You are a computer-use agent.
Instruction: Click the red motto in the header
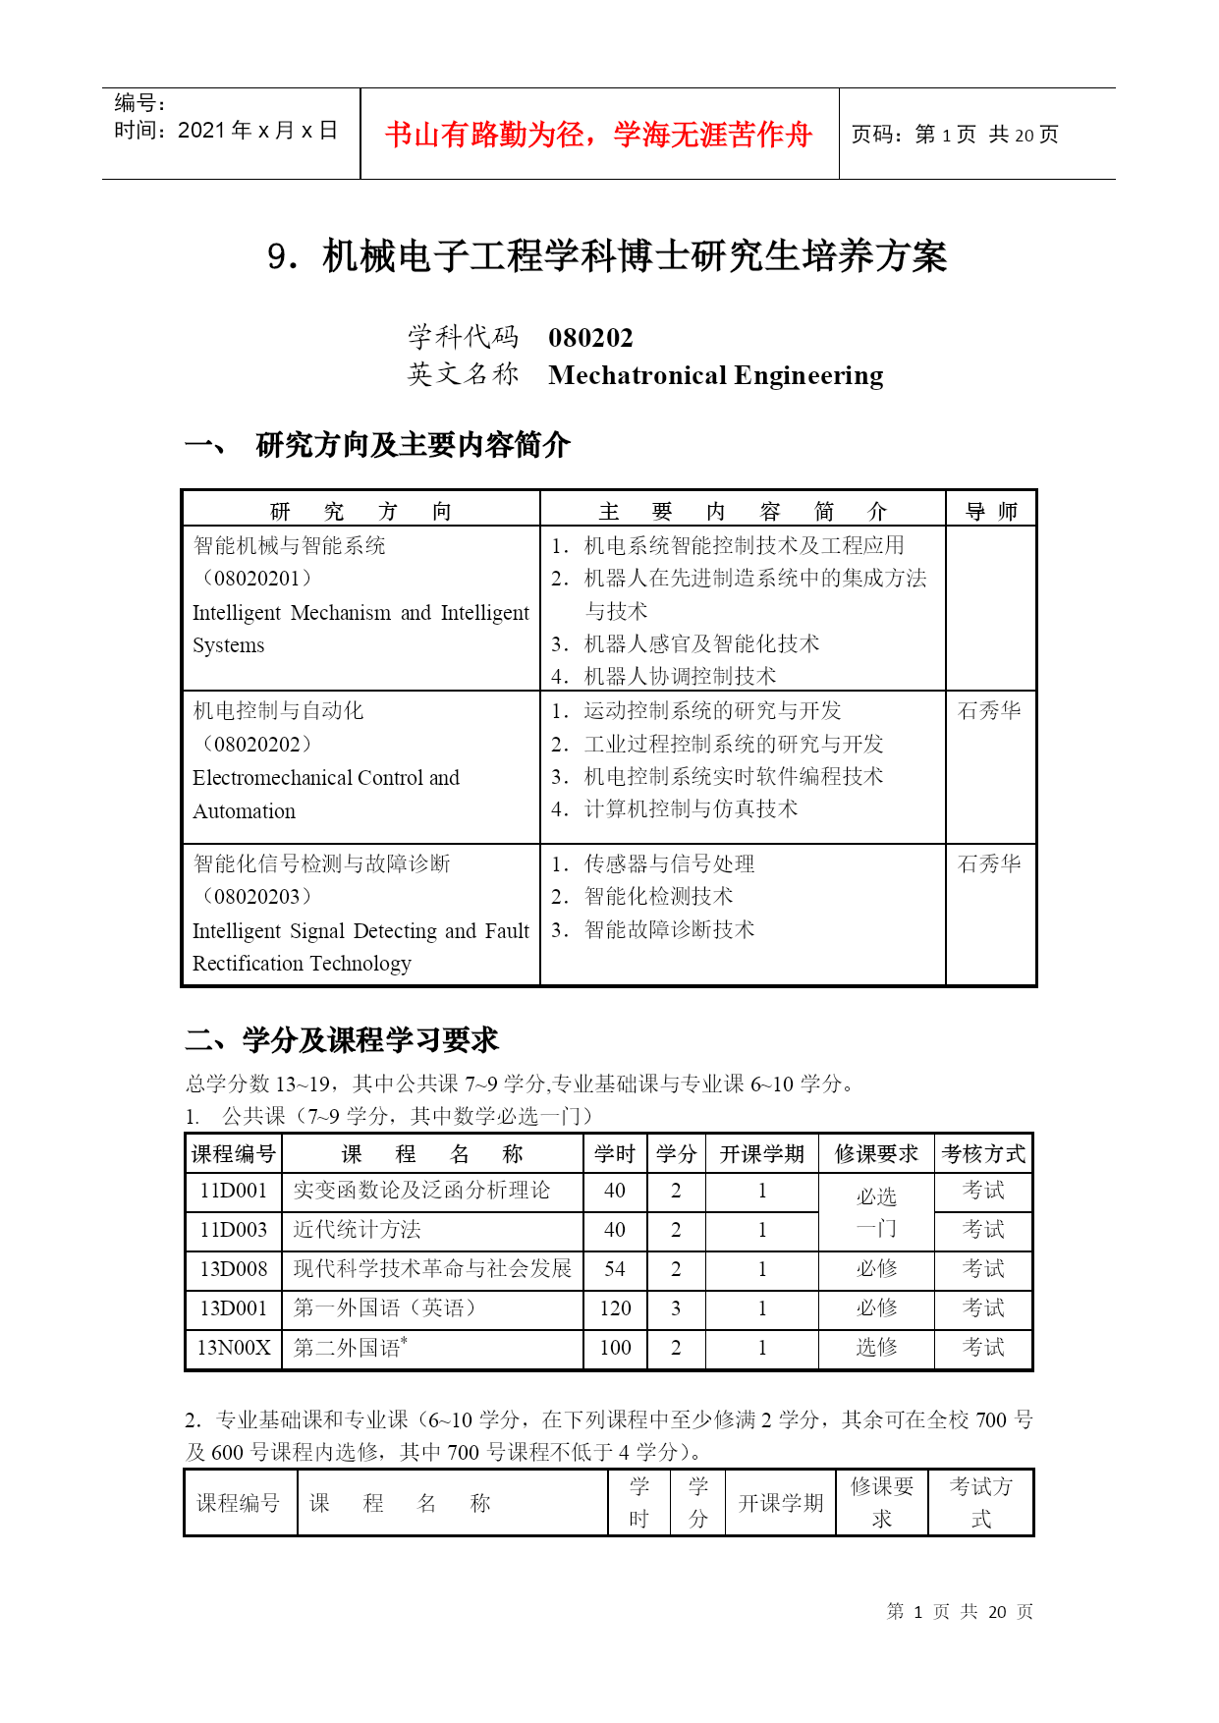click(598, 135)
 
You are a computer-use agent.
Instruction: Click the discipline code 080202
click(590, 338)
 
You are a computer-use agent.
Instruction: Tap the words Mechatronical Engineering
click(715, 375)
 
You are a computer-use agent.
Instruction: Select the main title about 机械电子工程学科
click(607, 256)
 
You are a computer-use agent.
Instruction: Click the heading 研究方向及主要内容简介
click(413, 445)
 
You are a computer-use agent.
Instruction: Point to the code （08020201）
click(256, 579)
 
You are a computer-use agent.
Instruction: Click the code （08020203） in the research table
click(256, 897)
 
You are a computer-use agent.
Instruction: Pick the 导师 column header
click(990, 511)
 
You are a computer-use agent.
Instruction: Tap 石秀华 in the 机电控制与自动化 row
click(989, 710)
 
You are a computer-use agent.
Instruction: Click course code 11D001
click(234, 1191)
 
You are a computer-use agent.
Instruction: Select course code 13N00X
click(234, 1348)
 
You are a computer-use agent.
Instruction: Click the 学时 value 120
click(615, 1308)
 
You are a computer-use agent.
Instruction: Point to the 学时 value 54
click(615, 1269)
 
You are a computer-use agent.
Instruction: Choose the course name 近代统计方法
click(357, 1230)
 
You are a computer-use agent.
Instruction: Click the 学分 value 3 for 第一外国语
click(676, 1308)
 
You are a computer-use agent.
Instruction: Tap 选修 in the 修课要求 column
click(876, 1348)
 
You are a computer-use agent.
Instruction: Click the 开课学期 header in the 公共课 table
click(761, 1154)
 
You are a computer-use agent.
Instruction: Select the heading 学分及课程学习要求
click(370, 1040)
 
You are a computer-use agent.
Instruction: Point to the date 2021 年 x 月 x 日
click(257, 131)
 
